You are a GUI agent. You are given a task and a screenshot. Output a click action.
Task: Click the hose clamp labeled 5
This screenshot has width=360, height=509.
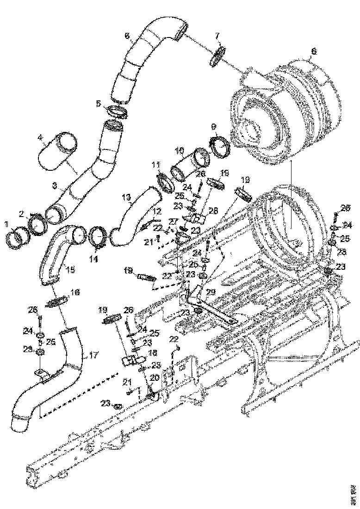coord(118,112)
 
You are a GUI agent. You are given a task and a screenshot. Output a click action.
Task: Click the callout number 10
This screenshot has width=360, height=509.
coord(180,151)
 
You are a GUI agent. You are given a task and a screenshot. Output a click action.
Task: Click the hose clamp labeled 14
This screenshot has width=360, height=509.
coord(99,237)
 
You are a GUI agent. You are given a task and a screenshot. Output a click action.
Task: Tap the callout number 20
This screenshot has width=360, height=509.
coord(154,377)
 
